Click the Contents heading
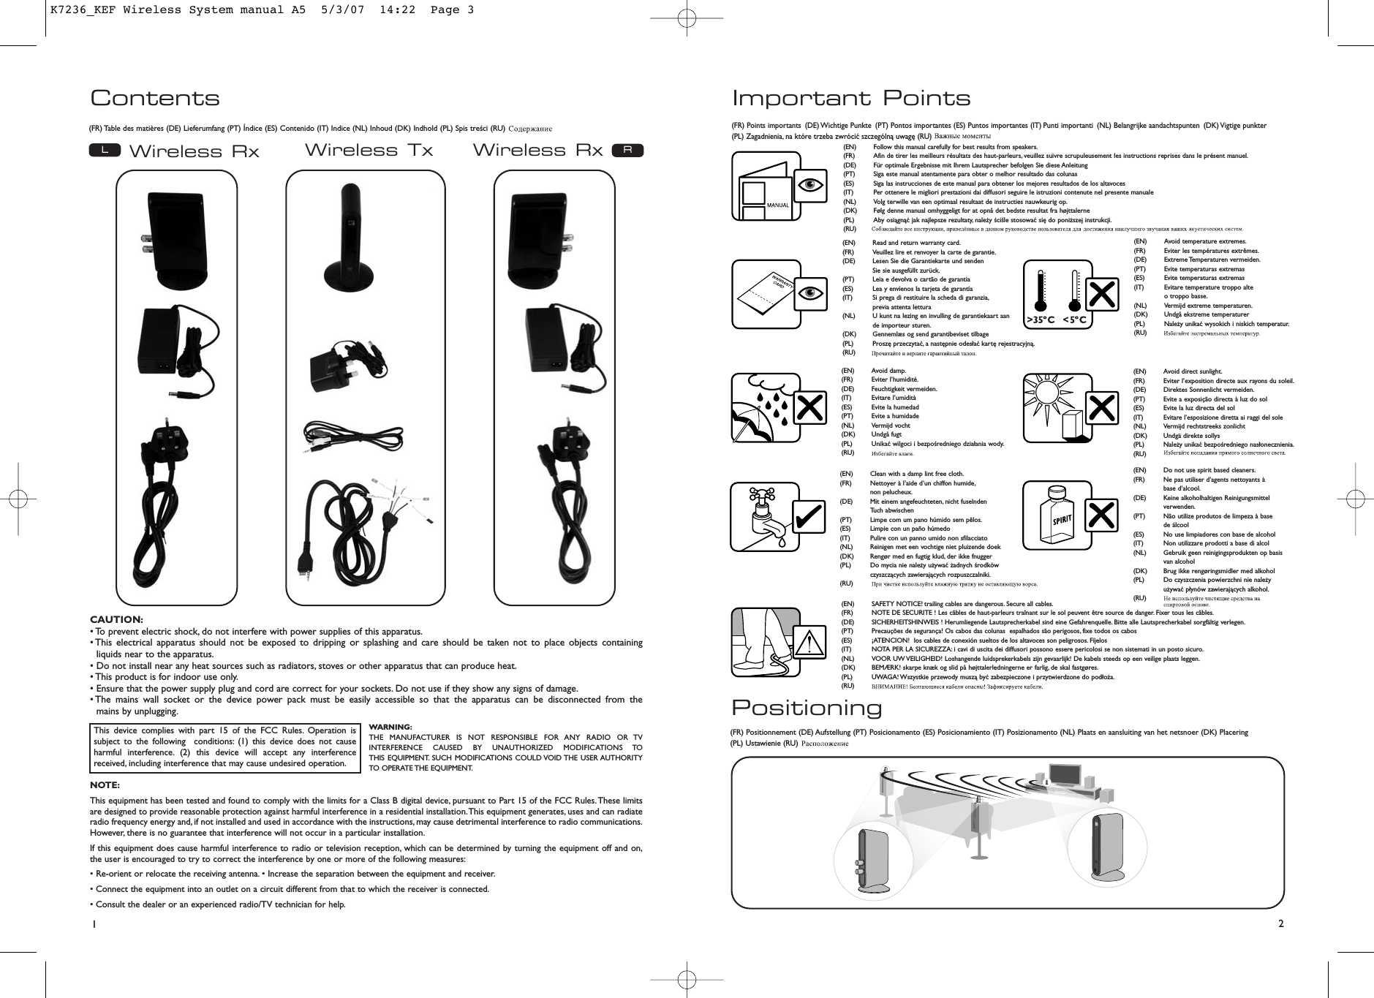coord(154,98)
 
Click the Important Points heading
coord(851,98)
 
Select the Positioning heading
coord(807,708)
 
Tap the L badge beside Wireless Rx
coord(105,150)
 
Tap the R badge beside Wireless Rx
coord(627,150)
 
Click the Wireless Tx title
coord(369,151)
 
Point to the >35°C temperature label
coord(1040,319)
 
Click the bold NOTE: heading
coord(105,785)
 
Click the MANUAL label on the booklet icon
coord(777,205)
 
